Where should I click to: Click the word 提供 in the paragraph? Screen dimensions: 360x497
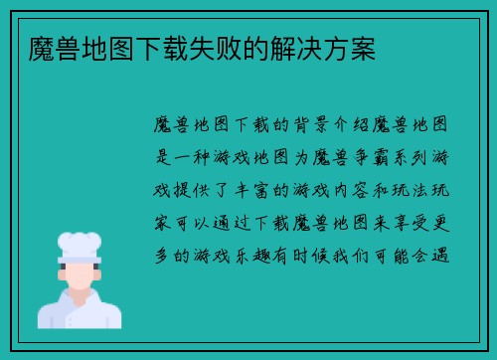tap(195, 190)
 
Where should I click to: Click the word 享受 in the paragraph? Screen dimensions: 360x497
tap(422, 222)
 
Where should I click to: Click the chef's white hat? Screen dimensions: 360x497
tap(80, 243)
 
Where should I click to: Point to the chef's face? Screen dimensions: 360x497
tap(80, 275)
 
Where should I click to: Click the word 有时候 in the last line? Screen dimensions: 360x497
tap(308, 255)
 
